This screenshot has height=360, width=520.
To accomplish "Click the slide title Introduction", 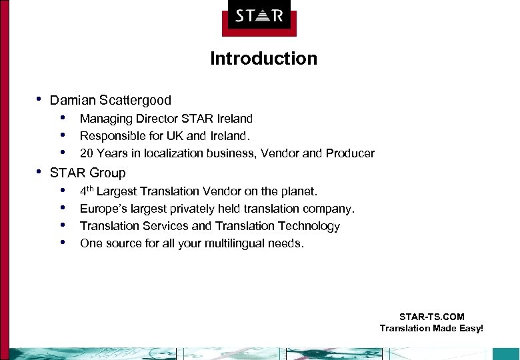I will click(263, 59).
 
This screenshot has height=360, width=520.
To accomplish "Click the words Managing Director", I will click(125, 119).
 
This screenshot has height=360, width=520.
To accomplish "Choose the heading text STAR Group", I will click(87, 173).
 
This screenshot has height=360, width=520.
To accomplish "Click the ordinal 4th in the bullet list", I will click(87, 191).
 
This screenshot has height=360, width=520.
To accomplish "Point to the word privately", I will click(193, 209).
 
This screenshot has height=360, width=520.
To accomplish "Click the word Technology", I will click(309, 226).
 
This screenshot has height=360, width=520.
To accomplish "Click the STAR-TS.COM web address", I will click(431, 317).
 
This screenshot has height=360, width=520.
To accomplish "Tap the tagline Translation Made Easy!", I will click(431, 328).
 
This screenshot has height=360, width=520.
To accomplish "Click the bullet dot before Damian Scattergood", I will click(39, 100).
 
